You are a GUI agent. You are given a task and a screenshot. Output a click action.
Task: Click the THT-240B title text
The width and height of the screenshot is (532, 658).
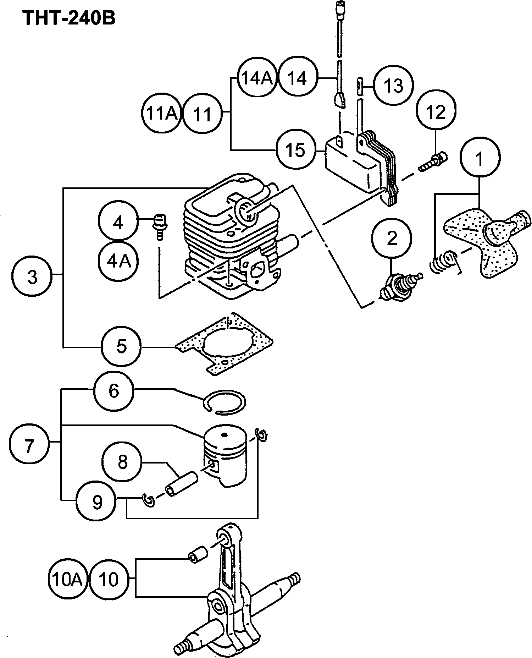tap(69, 17)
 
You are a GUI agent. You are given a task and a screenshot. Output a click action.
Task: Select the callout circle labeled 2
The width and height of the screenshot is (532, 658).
tap(392, 239)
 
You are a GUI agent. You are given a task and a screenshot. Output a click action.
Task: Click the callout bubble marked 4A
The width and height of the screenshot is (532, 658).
tap(118, 262)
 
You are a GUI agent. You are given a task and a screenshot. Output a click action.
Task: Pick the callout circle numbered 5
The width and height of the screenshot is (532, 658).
tap(121, 346)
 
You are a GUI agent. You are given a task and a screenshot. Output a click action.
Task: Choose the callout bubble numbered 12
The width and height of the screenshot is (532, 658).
tap(436, 112)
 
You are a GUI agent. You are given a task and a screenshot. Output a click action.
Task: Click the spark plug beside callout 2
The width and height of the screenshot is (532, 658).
tap(400, 287)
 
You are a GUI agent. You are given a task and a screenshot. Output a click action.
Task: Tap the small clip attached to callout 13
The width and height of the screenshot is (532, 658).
tap(360, 86)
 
